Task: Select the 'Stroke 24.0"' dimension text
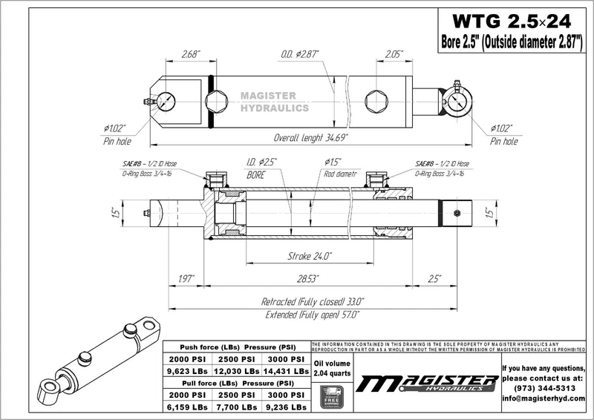click(310, 256)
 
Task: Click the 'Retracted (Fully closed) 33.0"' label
click(313, 302)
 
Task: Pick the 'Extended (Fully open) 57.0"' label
click(313, 315)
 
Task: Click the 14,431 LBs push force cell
click(286, 370)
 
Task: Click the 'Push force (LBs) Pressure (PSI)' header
click(235, 346)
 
